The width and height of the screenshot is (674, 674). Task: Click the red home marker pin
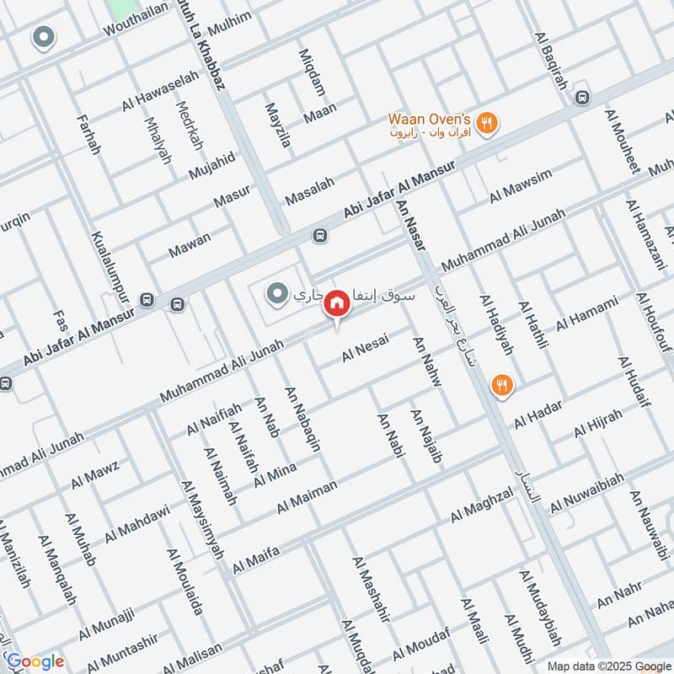(x=337, y=302)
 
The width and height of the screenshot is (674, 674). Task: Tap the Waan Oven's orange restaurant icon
(x=485, y=124)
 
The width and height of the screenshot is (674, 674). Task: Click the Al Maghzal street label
(x=481, y=502)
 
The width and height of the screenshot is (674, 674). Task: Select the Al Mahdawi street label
(x=138, y=523)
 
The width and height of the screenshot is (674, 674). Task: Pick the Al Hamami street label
(x=587, y=313)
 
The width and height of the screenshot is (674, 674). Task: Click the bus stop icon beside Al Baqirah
(x=581, y=97)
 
